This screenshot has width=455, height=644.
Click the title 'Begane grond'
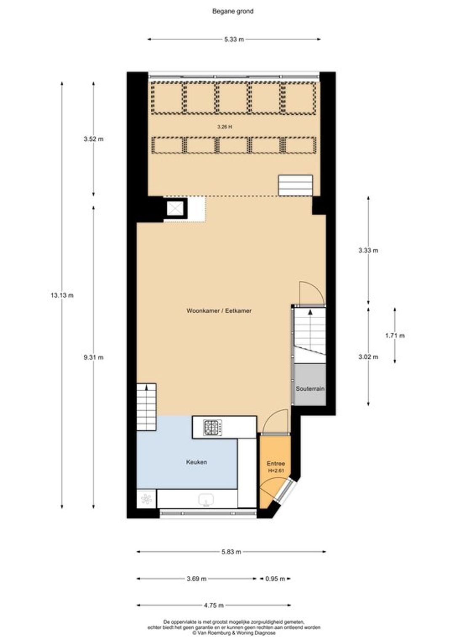pos(233,11)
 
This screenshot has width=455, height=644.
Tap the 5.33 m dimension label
pos(234,39)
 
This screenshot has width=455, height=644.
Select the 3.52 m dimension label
pos(94,139)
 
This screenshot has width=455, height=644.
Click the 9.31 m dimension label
pos(94,357)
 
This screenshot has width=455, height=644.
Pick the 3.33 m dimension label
pos(368,250)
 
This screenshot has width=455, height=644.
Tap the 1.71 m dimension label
pos(395,335)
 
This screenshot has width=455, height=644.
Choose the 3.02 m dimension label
pos(368,357)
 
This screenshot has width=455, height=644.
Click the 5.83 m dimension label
pos(231,552)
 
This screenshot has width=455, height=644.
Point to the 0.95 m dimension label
pos(276,579)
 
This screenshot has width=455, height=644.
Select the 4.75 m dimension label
pos(214,606)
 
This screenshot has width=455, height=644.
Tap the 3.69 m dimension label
pos(196,579)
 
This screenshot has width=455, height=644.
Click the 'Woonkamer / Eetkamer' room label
pos(219,311)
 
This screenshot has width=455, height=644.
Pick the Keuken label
pos(197,462)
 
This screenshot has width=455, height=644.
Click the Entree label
pos(276,464)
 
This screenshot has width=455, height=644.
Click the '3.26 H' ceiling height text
pos(225,126)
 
